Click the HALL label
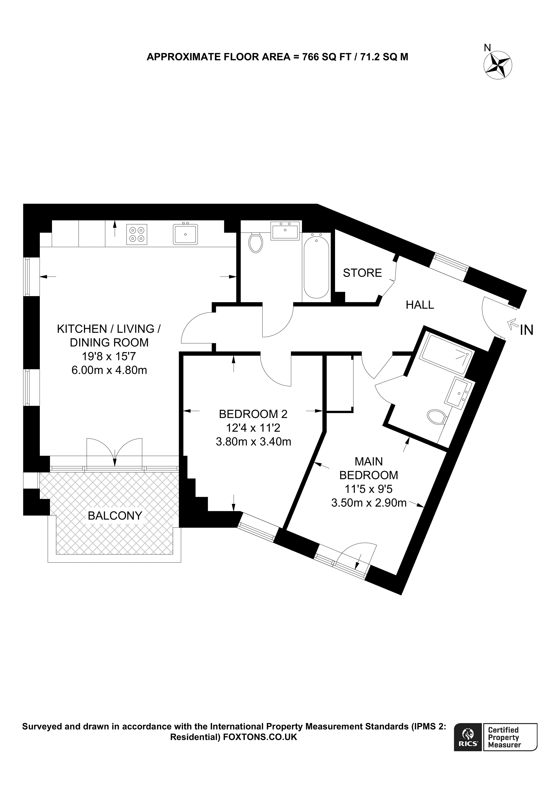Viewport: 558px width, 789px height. click(x=420, y=305)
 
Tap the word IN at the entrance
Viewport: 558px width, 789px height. click(x=526, y=330)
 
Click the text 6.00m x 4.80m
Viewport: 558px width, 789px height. click(x=109, y=370)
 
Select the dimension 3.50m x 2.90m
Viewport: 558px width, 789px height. click(x=369, y=503)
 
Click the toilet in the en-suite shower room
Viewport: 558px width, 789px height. click(x=437, y=417)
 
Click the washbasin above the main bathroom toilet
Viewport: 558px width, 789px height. click(x=285, y=230)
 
